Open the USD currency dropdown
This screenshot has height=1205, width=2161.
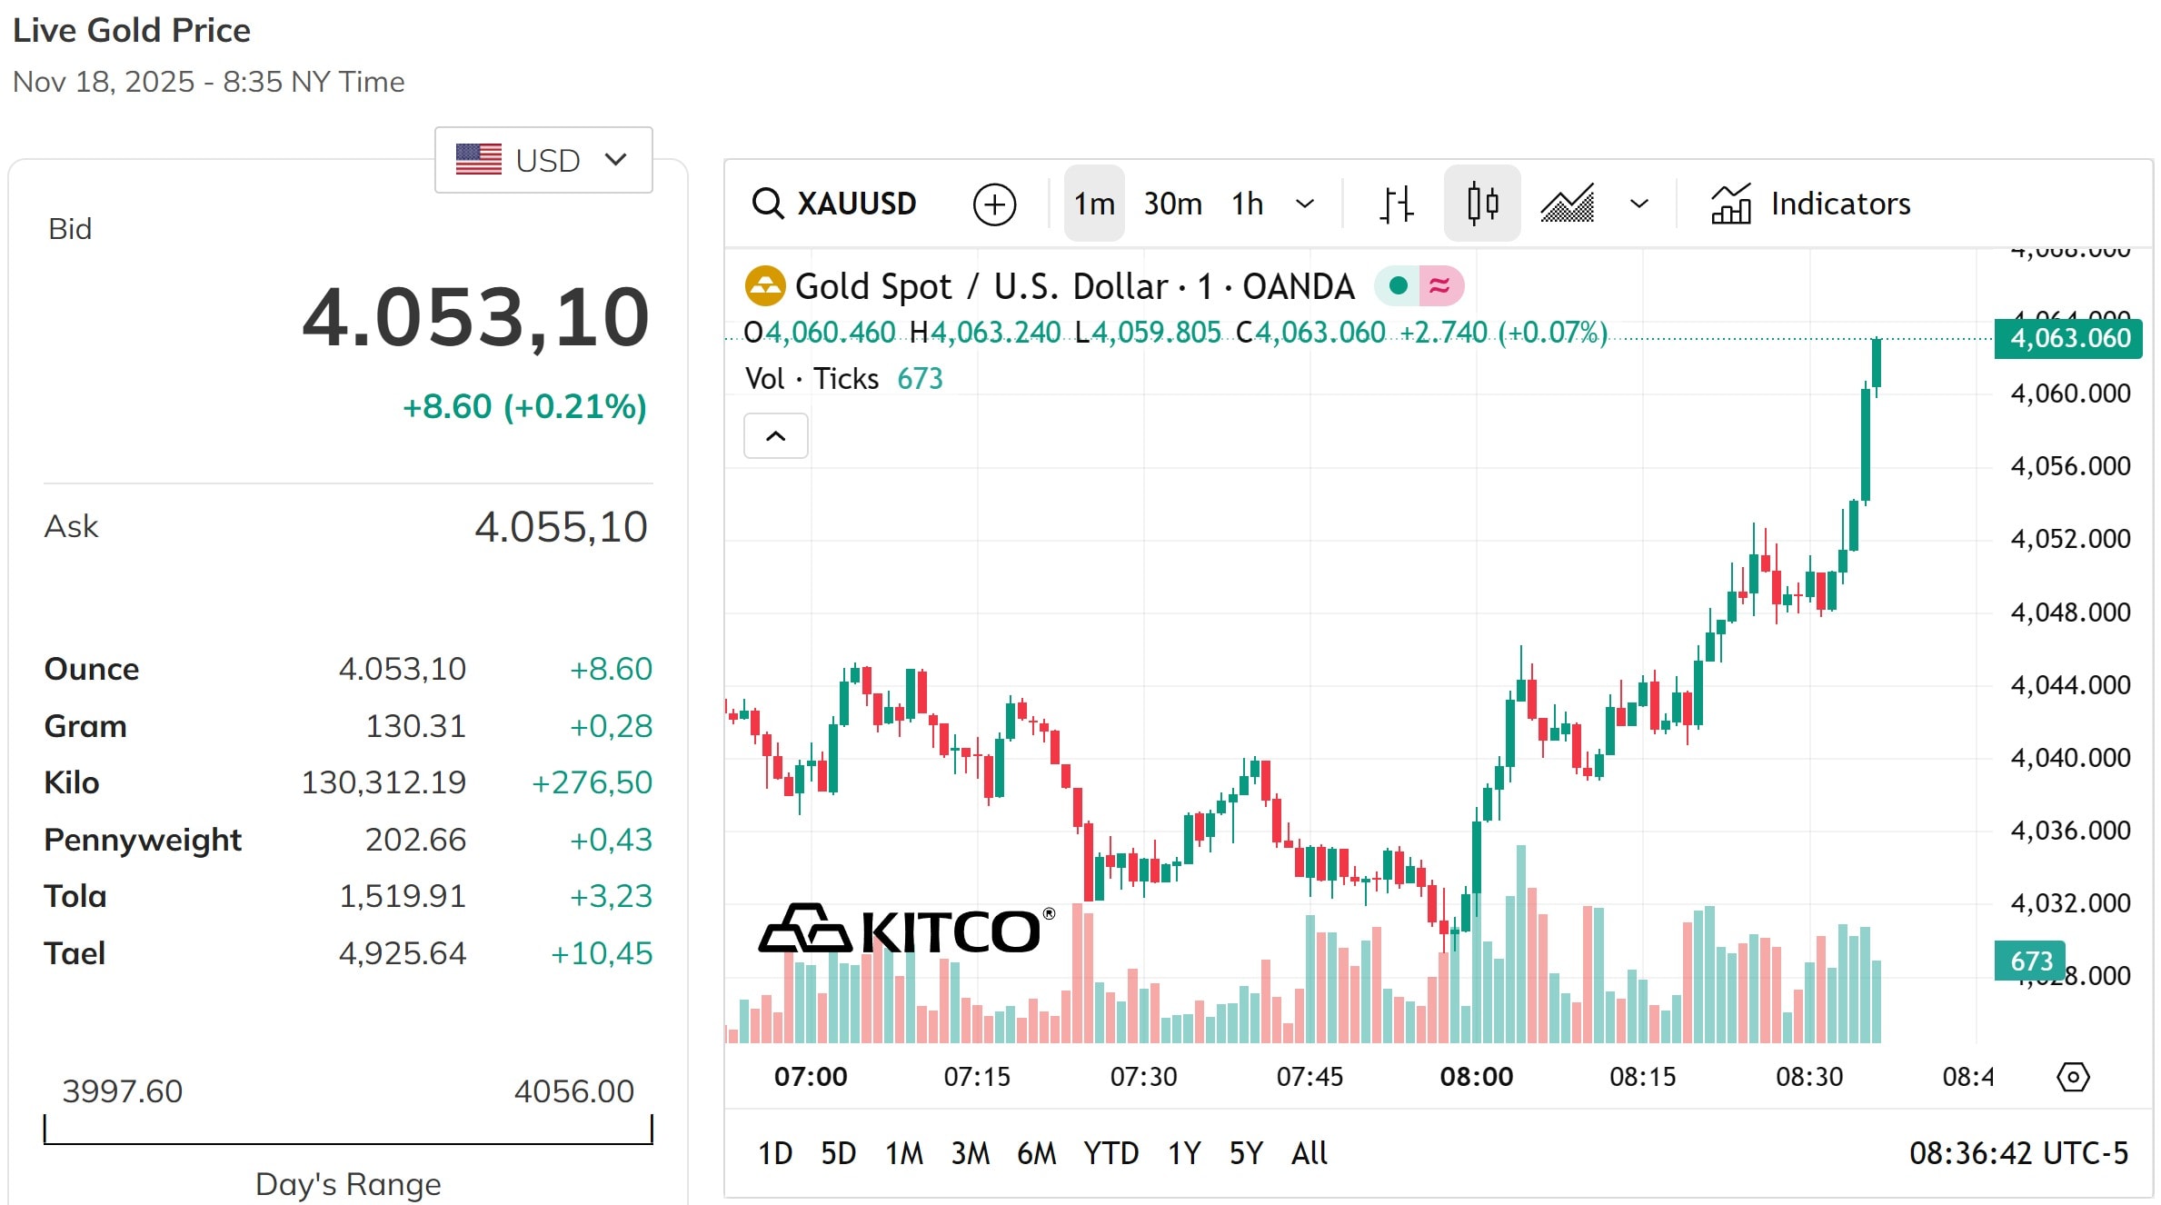tap(543, 160)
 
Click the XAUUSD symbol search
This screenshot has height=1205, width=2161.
tap(835, 204)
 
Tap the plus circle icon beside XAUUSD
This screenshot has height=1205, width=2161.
tap(994, 204)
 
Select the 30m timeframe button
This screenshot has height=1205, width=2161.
tap(1172, 204)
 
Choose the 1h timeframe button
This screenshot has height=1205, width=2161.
tap(1248, 204)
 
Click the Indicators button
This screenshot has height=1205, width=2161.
tap(1811, 204)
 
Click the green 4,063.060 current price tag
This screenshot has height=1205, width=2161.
tap(2068, 338)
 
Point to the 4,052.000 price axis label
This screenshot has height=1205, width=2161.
tap(2070, 539)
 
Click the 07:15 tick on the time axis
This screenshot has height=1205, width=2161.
tap(977, 1077)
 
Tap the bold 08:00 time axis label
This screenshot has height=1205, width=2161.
tap(1477, 1077)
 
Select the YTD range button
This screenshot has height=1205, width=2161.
tap(1110, 1153)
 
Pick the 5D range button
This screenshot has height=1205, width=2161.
tap(838, 1153)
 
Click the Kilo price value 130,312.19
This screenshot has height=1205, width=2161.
tap(383, 782)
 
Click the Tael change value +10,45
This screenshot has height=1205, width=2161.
tap(602, 953)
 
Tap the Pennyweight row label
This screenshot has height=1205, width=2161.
tap(143, 840)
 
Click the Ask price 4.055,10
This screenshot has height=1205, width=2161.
tap(561, 527)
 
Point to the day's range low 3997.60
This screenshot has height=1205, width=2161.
tap(123, 1090)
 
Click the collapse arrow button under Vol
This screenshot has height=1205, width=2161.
tap(775, 436)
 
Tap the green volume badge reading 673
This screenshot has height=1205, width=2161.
tap(2030, 961)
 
